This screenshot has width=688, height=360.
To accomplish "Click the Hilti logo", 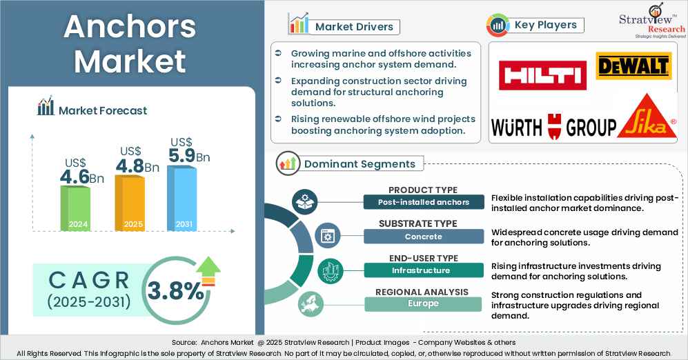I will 542,75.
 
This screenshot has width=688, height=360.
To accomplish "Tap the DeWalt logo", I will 633,66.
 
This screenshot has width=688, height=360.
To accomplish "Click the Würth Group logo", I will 553,127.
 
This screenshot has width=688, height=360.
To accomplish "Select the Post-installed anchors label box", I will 424,202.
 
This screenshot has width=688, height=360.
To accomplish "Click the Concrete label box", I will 424,237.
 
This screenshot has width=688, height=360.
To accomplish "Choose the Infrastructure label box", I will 424,270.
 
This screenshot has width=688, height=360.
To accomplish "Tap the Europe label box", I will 424,303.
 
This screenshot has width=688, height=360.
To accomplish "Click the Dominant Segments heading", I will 360,164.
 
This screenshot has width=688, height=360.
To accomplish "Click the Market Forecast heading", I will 102,110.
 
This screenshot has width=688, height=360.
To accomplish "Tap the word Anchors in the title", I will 129,27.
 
